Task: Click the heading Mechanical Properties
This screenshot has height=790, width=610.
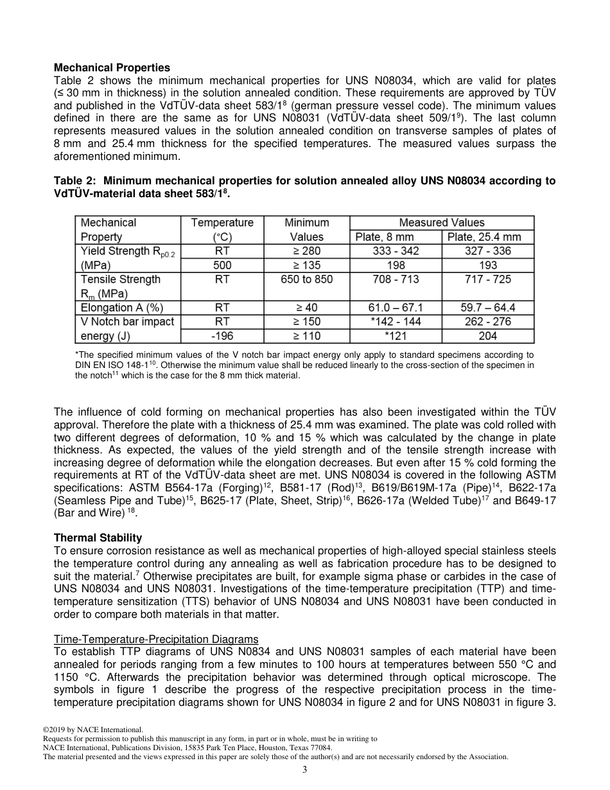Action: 112,67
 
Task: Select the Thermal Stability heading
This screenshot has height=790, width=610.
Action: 98,538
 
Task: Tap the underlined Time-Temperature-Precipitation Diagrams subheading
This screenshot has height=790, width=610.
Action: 156,639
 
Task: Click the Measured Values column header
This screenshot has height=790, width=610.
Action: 442,222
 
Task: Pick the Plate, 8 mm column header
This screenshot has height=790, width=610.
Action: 395,237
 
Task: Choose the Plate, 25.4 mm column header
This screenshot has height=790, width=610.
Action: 488,237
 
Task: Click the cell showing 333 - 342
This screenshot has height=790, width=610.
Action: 396,251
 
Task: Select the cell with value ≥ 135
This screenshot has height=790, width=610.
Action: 306,265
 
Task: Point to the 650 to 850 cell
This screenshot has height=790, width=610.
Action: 306,279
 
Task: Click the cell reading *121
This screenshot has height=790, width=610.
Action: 396,336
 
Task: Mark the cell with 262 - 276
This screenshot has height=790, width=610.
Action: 488,322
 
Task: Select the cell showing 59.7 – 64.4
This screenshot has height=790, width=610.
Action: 488,308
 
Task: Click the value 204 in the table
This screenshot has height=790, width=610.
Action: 488,336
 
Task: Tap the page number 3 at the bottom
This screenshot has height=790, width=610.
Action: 305,770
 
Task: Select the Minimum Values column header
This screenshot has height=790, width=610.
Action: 306,229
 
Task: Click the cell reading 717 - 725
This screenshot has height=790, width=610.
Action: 488,279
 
